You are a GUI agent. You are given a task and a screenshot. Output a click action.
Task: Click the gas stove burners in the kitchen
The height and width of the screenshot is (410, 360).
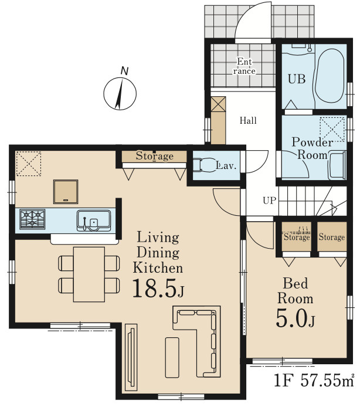point(32,219)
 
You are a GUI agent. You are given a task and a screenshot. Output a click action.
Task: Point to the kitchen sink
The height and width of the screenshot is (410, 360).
point(94,221)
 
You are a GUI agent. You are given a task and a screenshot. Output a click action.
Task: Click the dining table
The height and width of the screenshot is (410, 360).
point(89,275)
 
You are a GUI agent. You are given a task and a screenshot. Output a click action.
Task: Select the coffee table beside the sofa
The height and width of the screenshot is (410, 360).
point(172,357)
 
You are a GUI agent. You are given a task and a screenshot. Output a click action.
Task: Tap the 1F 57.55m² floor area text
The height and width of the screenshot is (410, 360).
point(314,380)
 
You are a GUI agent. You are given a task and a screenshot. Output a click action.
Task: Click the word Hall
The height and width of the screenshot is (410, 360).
point(248,121)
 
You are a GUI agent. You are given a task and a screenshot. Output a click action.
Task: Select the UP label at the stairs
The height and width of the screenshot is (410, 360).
point(269,201)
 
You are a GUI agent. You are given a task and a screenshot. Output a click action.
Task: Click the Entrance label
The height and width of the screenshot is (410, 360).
point(244,66)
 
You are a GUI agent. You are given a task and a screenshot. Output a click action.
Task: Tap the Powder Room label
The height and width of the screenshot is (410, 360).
point(313,148)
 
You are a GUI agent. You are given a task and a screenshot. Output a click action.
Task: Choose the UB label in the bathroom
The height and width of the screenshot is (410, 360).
point(297,79)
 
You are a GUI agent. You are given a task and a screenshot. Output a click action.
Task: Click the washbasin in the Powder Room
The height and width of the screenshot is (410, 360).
point(337,165)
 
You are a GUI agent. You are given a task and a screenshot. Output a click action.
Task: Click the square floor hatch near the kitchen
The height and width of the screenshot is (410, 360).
point(66,192)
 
